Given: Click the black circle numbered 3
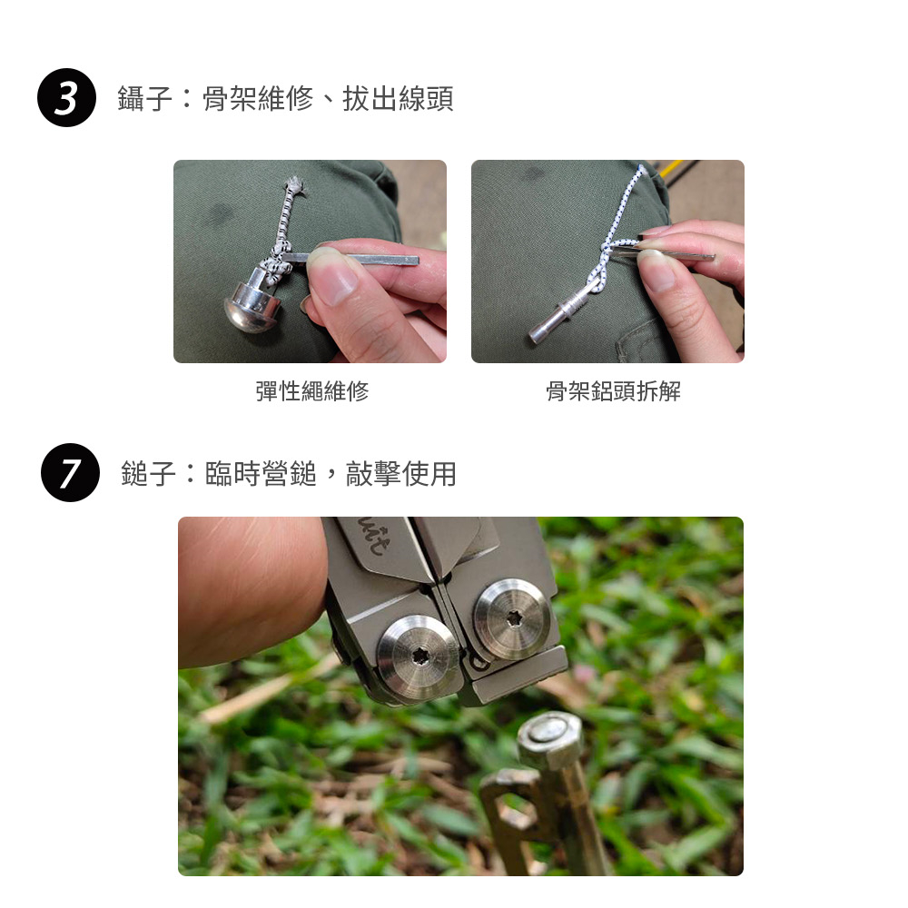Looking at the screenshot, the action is pos(66,97).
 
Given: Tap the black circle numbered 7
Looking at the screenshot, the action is pos(70,472).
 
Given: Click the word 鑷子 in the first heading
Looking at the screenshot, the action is pos(144,98).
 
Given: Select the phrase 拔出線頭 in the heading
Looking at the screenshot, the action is pos(398,98).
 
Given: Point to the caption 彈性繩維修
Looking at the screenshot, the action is pos(312,390).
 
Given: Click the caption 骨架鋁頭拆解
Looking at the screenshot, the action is pos(613,390).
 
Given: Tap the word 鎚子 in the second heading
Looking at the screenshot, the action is pos(148,474).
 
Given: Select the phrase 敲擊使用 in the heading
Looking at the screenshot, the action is pos(400,474).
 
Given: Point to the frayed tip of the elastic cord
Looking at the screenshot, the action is pos(294,184).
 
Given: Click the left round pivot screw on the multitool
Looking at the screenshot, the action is pos(418,657).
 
